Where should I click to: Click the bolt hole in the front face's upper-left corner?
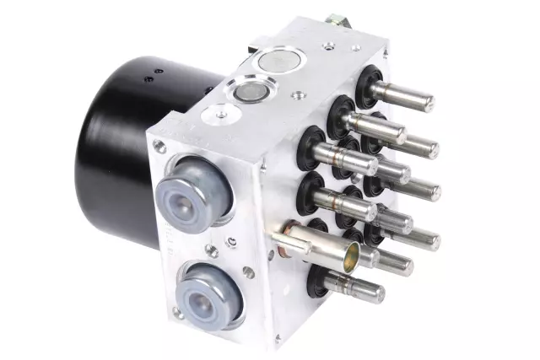(x=159, y=148)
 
